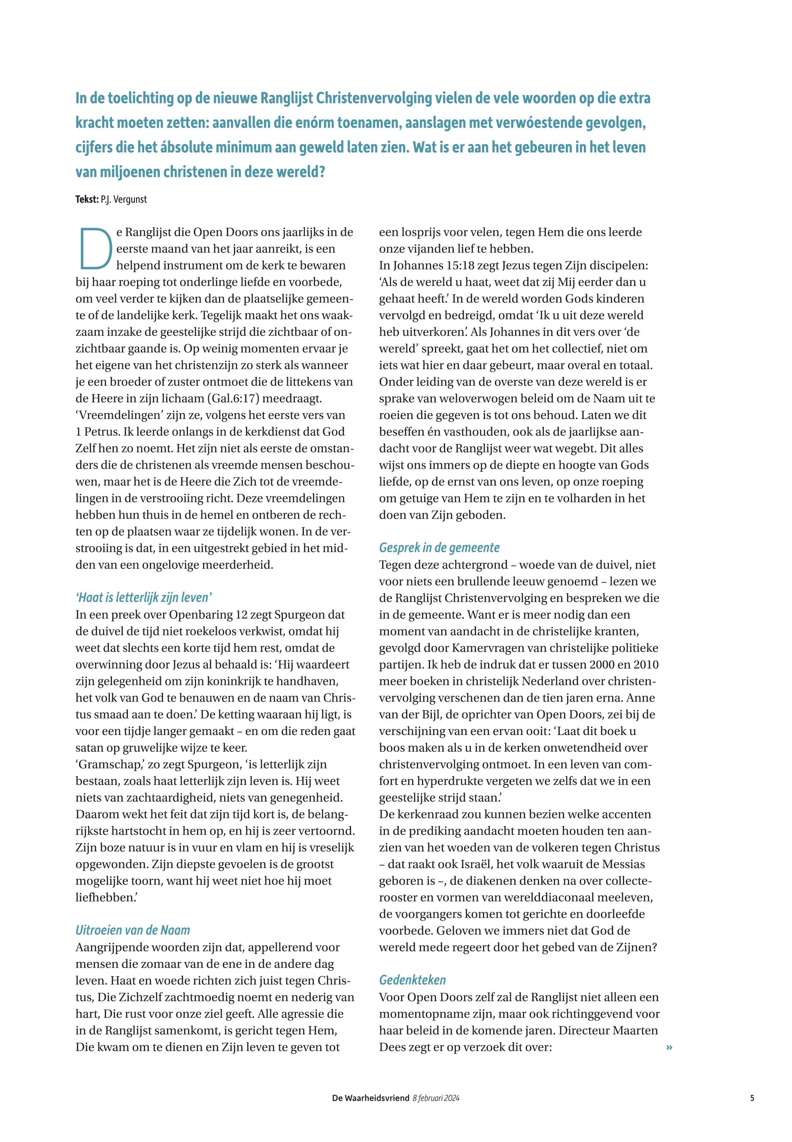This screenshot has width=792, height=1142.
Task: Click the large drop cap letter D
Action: [x=96, y=249]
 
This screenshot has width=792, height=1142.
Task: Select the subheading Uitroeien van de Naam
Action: [x=133, y=930]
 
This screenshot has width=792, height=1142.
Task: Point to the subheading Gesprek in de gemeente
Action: [x=439, y=547]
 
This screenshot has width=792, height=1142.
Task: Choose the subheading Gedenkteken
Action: [x=413, y=980]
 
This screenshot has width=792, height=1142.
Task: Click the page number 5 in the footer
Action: [x=753, y=1098]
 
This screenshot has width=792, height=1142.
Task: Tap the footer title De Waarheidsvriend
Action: [x=370, y=1098]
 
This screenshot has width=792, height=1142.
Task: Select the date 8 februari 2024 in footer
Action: [x=436, y=1098]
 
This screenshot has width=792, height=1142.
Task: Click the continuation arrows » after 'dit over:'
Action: [x=669, y=1047]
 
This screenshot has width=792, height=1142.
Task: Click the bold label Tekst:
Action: [x=87, y=200]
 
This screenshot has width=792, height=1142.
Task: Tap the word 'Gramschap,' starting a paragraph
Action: [x=107, y=764]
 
